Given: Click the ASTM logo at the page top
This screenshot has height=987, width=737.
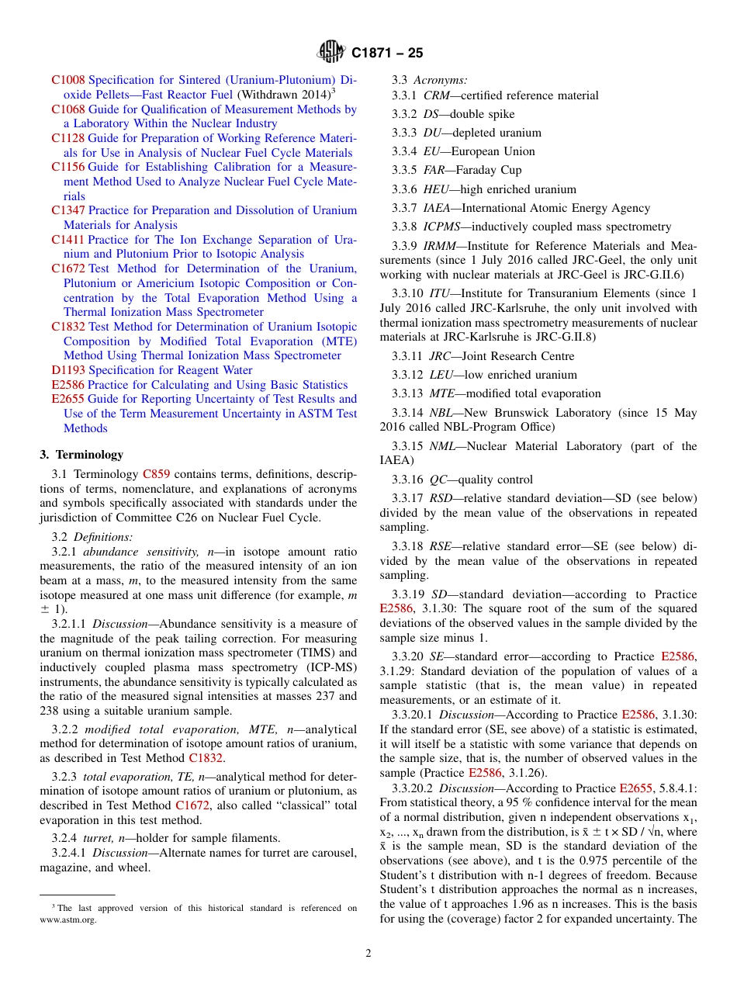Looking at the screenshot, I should coord(331,54).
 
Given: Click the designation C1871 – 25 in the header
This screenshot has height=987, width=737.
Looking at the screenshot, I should coord(387,54).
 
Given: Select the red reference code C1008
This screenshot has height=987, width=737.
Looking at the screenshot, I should coord(67,80).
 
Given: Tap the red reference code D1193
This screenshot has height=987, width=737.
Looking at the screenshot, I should coord(67,370).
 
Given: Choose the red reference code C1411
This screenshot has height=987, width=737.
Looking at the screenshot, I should coord(67,240).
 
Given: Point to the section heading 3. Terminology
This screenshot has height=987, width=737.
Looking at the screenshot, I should coord(81,455).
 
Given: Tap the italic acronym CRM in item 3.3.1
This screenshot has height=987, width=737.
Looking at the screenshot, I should coord(436,95).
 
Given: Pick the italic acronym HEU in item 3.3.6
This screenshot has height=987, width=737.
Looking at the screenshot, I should coord(436,189).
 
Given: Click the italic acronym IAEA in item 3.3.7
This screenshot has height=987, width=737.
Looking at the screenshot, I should coord(437,208).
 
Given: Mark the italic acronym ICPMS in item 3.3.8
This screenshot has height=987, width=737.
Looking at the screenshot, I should coord(441,227).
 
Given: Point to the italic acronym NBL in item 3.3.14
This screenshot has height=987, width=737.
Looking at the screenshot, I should coord(441,413).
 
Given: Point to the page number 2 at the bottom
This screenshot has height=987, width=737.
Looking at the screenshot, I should coord(368,954).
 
